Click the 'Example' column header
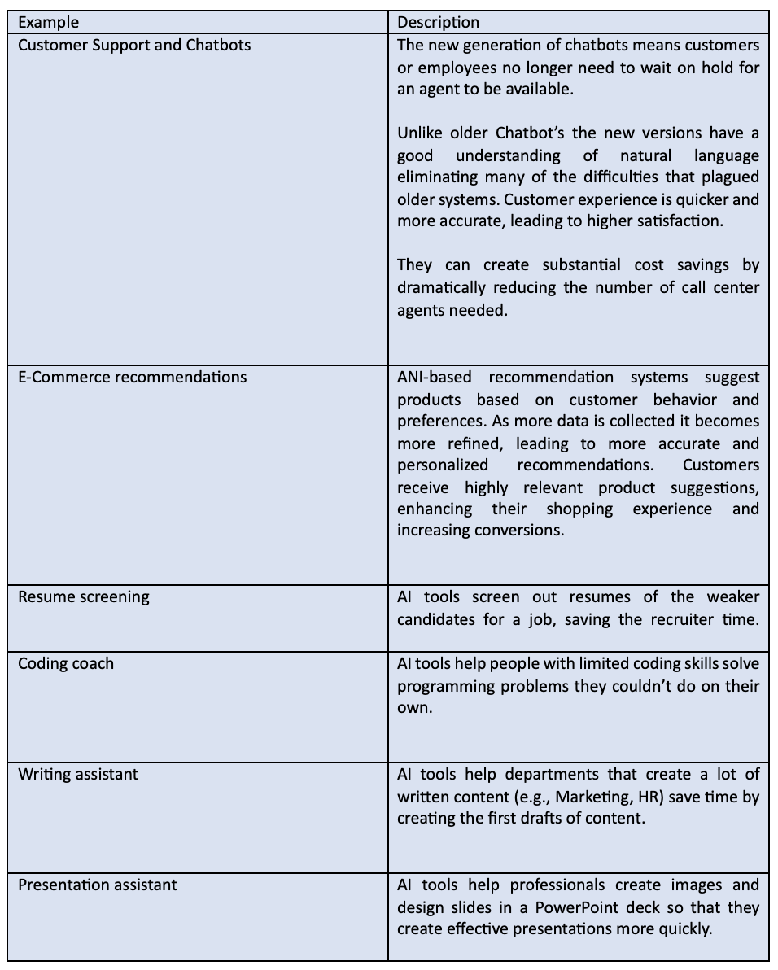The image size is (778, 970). click(49, 22)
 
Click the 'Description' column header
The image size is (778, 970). click(439, 22)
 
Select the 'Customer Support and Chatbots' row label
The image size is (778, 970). click(134, 45)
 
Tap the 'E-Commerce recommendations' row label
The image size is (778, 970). click(132, 377)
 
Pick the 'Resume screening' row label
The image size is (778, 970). click(84, 596)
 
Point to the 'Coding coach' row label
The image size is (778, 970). click(66, 663)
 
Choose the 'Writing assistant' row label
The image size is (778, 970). click(78, 774)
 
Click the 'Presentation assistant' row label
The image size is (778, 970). click(98, 885)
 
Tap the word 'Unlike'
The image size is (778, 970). click(421, 133)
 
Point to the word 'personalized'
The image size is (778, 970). click(443, 465)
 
